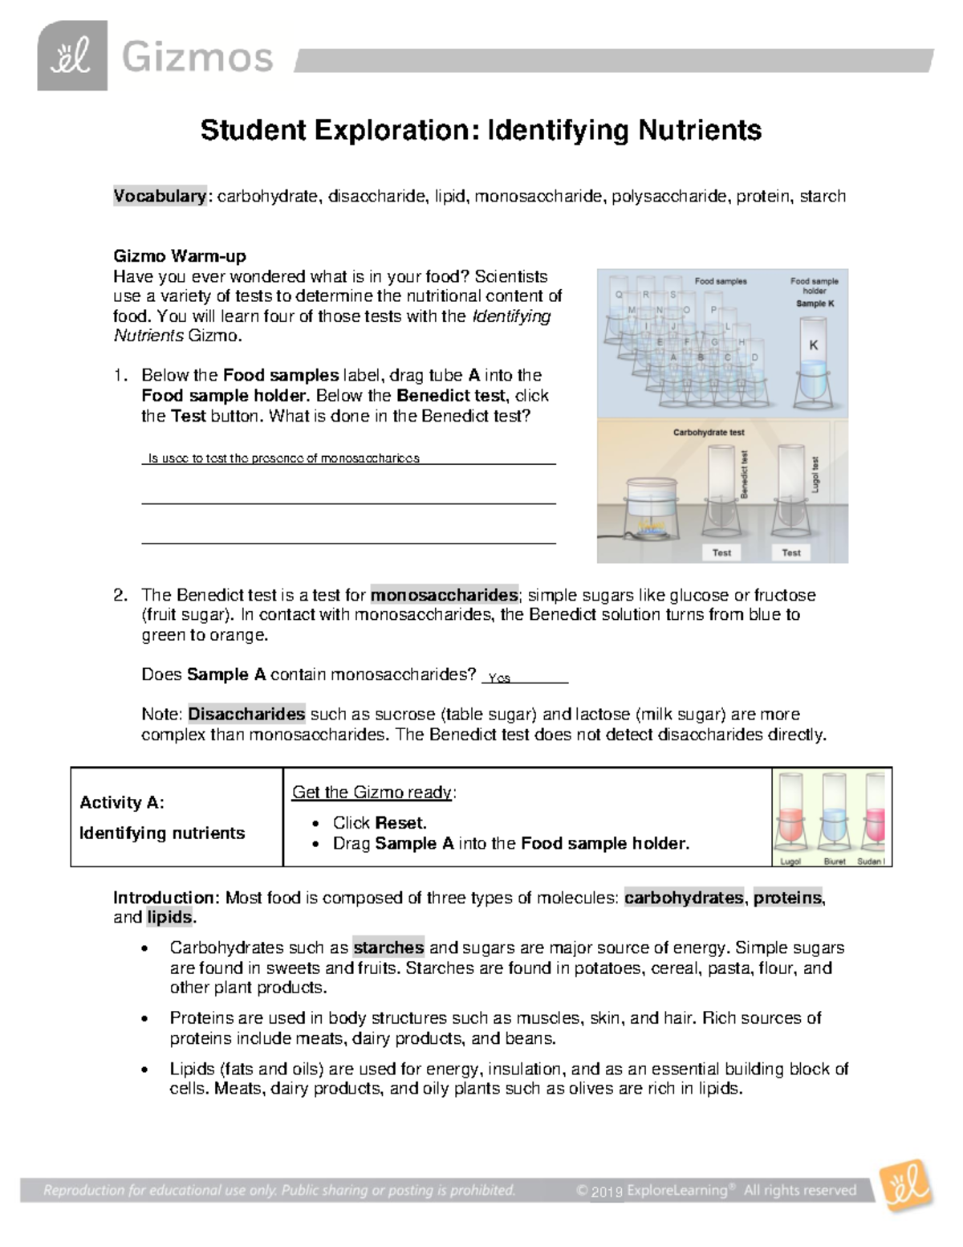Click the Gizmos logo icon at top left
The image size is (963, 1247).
click(72, 56)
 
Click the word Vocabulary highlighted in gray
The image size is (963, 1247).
click(160, 196)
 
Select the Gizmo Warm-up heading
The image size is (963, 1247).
click(179, 256)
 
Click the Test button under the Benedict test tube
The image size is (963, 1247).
click(721, 552)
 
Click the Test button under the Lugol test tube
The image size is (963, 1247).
click(790, 552)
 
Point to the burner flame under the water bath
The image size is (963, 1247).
click(648, 527)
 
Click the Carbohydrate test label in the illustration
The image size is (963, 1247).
click(708, 432)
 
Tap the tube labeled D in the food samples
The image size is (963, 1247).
click(754, 358)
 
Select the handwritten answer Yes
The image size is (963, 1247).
click(499, 678)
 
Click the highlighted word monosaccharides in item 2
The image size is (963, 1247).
click(444, 595)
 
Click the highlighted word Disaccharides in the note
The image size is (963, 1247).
click(246, 714)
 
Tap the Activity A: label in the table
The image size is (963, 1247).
click(122, 802)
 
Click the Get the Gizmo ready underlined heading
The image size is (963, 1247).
click(372, 793)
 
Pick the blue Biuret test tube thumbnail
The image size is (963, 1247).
click(835, 815)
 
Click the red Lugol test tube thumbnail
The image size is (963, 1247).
click(790, 815)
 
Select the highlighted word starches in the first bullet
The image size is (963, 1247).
click(388, 947)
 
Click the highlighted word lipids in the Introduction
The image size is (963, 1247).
click(169, 917)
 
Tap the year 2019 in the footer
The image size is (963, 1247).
click(607, 1192)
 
